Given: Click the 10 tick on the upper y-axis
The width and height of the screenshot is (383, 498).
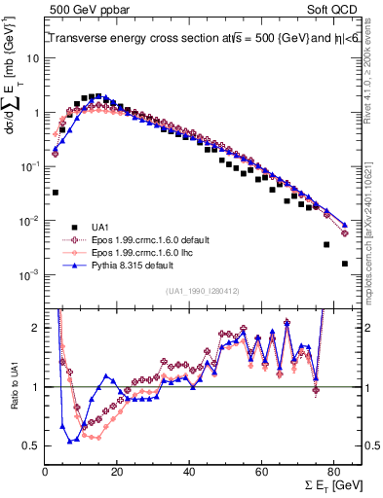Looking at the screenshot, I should coord(31,57).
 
